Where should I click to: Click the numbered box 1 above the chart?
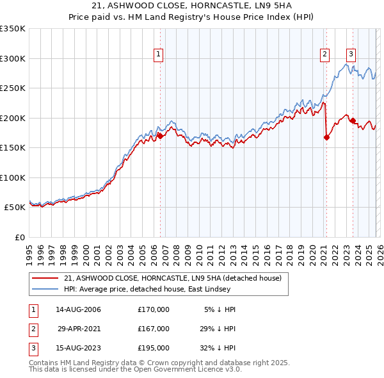(158, 54)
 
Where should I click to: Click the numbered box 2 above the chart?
(325, 54)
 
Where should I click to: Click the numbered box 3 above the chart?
(351, 54)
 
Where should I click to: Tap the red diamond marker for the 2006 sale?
(160, 136)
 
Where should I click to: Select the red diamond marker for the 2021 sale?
(326, 137)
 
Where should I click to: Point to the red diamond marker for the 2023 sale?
(353, 120)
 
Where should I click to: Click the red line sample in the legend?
(46, 278)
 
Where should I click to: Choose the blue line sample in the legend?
(46, 289)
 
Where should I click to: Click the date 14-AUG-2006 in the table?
(78, 309)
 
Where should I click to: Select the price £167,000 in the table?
(153, 329)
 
